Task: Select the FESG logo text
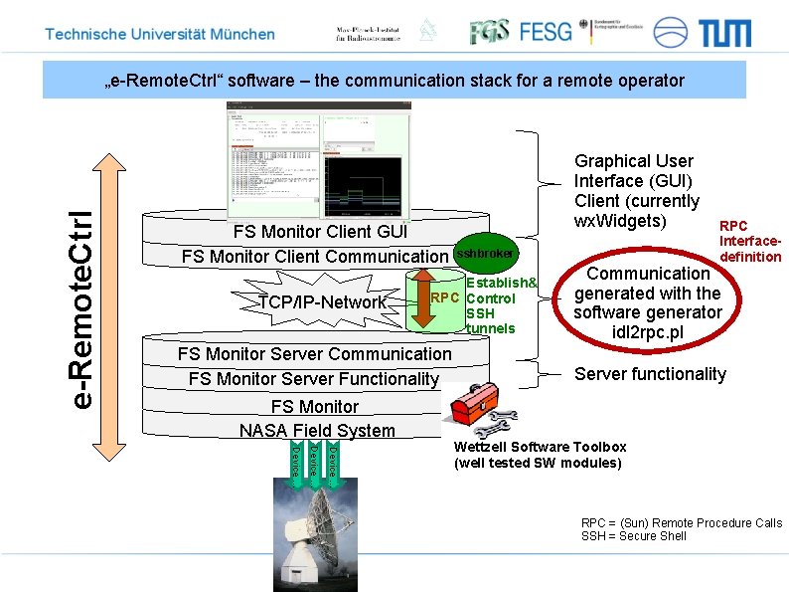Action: tap(546, 32)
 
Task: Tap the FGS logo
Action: tap(489, 32)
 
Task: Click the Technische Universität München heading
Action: tap(160, 34)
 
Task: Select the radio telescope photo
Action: tap(315, 533)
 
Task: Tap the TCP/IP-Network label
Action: tap(322, 302)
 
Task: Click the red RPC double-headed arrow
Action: tap(423, 296)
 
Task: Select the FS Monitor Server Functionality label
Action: tap(313, 379)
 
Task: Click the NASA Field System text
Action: tap(317, 431)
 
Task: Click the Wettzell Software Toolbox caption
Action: tap(541, 455)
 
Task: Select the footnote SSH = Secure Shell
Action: tap(634, 536)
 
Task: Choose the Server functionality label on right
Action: tap(650, 374)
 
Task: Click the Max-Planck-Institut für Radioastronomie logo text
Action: tap(368, 34)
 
